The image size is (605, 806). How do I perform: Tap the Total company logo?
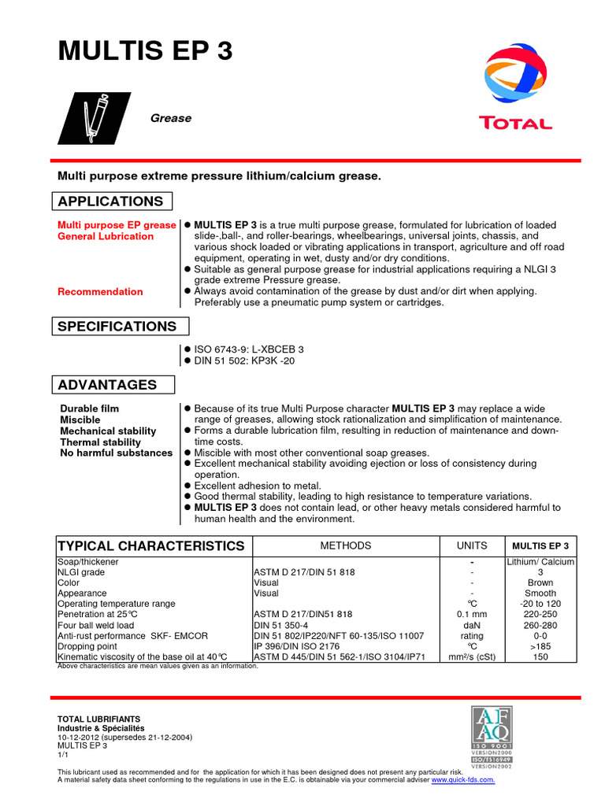point(515,87)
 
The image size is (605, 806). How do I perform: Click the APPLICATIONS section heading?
point(110,201)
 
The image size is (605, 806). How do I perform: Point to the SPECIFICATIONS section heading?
point(117,327)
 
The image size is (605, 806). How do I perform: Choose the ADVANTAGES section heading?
point(108,385)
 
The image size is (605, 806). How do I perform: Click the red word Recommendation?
point(101,292)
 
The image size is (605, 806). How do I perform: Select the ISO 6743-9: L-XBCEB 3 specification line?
point(249,349)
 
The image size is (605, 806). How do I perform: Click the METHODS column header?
point(345,546)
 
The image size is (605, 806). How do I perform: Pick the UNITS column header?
point(472,546)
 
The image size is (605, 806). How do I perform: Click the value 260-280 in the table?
point(540,625)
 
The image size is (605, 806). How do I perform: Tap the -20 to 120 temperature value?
point(540,604)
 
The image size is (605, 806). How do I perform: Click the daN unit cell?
point(472,625)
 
